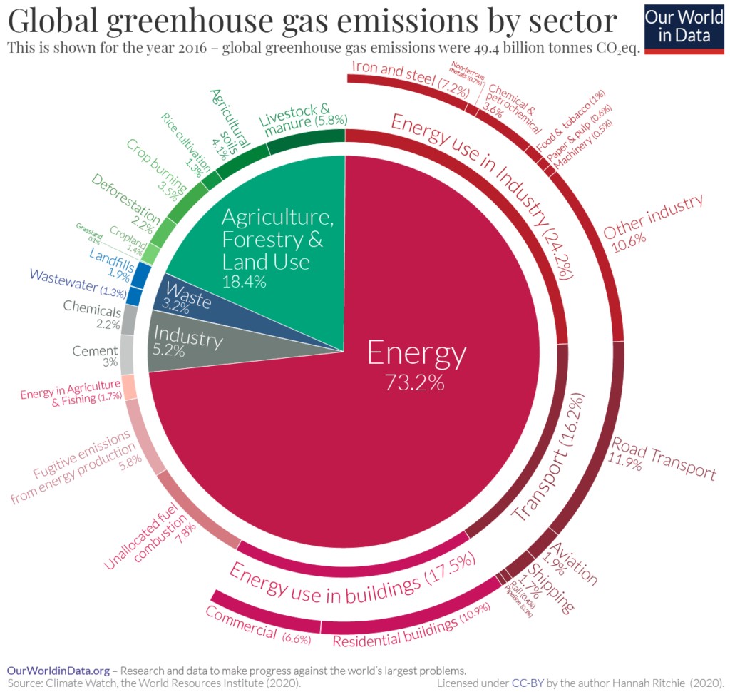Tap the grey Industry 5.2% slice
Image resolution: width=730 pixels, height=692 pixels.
point(185,342)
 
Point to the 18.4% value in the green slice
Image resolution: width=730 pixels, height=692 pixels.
point(244,281)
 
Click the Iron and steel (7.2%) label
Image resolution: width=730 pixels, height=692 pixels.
point(409,80)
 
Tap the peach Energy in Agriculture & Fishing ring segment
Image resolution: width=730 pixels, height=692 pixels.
point(129,387)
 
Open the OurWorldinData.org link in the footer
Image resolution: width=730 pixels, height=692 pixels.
point(58,671)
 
